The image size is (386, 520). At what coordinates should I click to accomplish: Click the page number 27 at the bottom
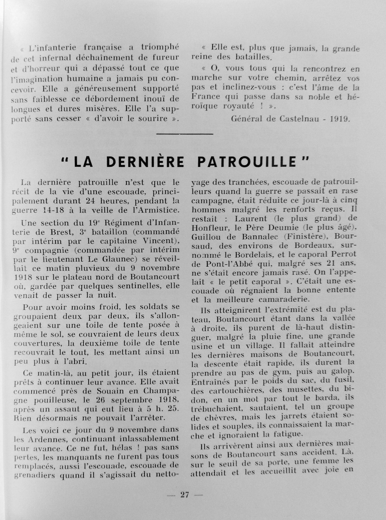[185, 495]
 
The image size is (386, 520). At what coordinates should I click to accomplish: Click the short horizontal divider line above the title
[184, 134]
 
